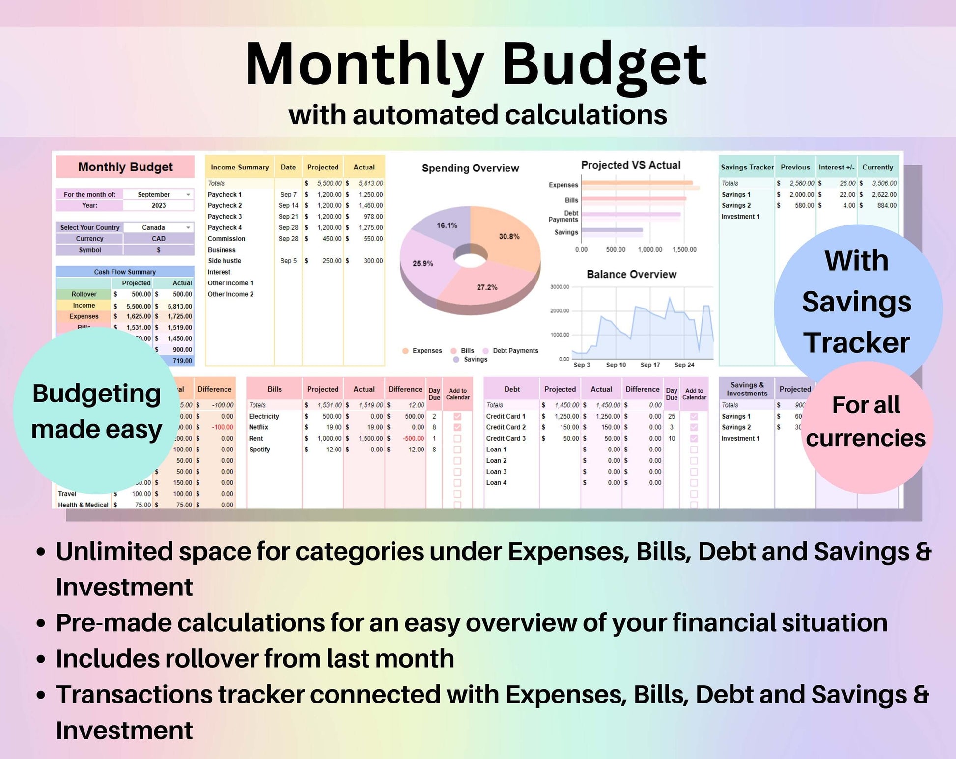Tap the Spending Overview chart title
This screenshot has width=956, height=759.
click(x=470, y=168)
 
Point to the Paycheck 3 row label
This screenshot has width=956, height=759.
click(x=225, y=217)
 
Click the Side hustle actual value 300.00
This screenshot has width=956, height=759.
click(x=373, y=261)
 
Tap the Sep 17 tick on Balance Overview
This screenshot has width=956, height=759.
click(x=650, y=365)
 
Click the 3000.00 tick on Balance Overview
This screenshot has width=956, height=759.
click(x=560, y=287)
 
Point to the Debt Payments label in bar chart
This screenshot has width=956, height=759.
click(x=563, y=216)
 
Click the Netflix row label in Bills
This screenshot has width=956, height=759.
click(x=258, y=427)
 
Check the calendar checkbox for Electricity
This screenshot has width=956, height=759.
click(x=457, y=416)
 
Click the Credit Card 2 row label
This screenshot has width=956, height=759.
click(x=506, y=427)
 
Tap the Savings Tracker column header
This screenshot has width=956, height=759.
click(x=747, y=168)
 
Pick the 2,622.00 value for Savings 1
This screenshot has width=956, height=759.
click(x=884, y=195)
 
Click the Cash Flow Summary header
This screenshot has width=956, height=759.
click(x=125, y=272)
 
